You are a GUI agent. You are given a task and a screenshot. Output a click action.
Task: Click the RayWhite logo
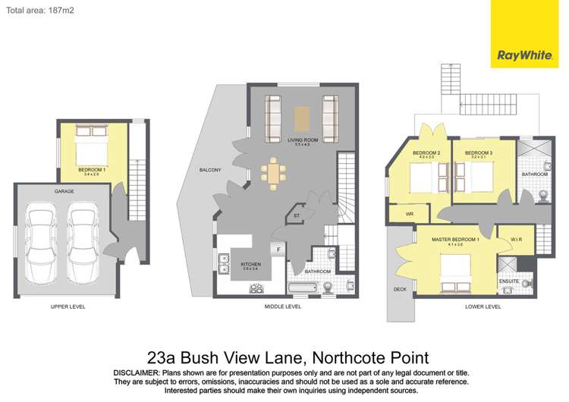coord(523,55)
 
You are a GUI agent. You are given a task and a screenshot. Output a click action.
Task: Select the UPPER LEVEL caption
coord(68,306)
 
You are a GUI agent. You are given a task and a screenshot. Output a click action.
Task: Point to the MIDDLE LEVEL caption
coord(282,306)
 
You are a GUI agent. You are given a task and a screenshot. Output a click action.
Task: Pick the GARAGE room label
coord(64,192)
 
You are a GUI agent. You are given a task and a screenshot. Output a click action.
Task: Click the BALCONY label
coord(209,170)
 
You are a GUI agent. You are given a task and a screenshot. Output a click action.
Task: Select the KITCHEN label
coord(251,265)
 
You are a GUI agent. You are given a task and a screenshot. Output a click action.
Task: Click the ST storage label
coord(296,216)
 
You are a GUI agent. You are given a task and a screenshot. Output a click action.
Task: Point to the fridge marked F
coord(278,249)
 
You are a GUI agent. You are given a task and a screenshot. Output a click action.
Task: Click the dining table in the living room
coord(273,173)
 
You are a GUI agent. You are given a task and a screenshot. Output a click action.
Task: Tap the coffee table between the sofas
coord(302,118)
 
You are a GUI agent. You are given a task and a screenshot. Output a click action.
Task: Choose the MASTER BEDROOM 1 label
coord(455,240)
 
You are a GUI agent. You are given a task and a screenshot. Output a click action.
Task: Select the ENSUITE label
coord(508,281)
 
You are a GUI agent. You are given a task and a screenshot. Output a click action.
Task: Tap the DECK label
coord(400,289)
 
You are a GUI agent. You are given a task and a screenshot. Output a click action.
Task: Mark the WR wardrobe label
coord(409,215)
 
